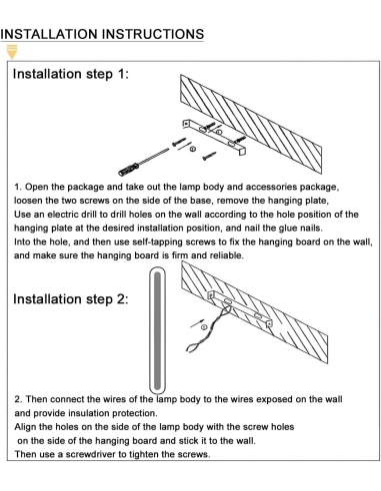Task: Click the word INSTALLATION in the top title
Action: coord(49,34)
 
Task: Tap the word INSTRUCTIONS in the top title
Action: coord(153,34)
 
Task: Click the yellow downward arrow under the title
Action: coord(12,52)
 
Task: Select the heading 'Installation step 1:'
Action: coord(71,74)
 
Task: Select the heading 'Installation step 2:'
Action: coord(71,299)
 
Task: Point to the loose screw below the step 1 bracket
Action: coord(209,156)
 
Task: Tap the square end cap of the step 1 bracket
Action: coord(243,151)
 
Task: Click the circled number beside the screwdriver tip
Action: coord(193,149)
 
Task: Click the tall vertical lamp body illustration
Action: coord(157,330)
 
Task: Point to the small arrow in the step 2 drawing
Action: coord(197,322)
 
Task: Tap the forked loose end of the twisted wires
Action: coord(191,348)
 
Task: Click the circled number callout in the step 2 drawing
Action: coord(204,327)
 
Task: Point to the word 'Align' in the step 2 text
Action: coord(25,427)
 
